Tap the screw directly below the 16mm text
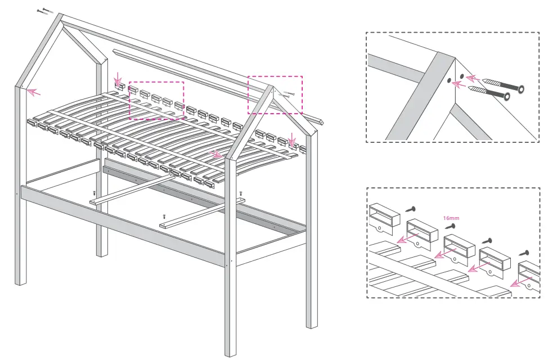451,226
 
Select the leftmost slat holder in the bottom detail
384,216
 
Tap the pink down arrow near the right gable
291,138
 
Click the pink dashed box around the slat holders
156,100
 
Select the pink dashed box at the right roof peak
275,94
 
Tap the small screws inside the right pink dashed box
288,95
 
